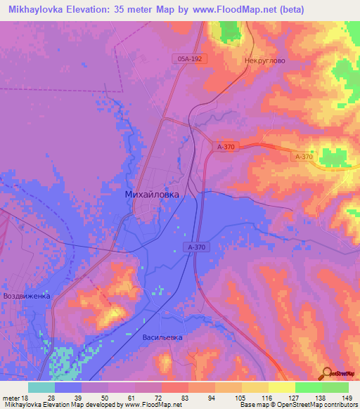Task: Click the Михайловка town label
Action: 151,194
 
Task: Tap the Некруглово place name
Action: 264,61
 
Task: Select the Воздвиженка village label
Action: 27,296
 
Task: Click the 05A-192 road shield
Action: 190,59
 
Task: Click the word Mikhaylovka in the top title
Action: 36,10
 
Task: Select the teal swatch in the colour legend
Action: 41,387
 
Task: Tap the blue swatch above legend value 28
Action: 68,387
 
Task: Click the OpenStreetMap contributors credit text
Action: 326,405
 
